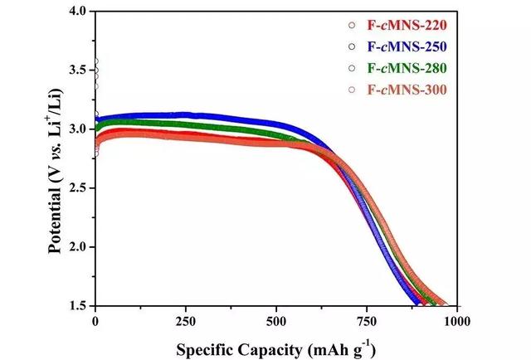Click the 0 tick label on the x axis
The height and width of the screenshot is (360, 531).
pos(95,320)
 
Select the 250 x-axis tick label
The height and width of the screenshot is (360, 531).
pos(186,320)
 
